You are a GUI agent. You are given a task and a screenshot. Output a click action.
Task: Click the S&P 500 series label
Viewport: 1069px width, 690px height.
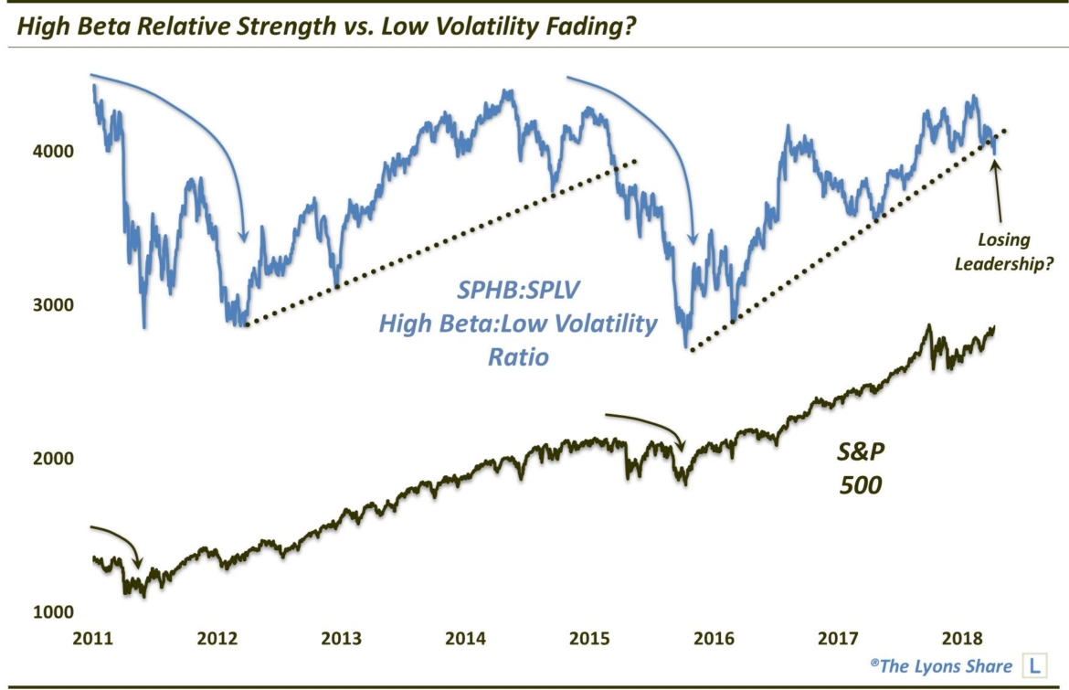860,466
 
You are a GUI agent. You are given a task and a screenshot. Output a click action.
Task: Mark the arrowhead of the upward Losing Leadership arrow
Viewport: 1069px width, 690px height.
995,163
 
